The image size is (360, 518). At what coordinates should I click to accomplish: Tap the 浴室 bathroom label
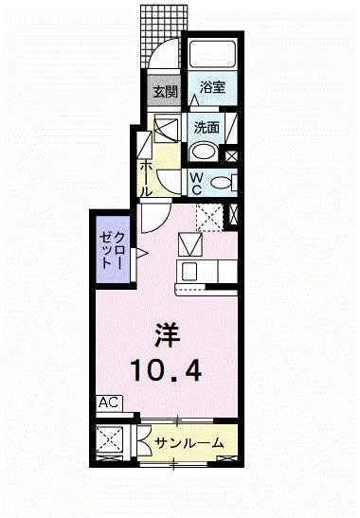click(x=212, y=87)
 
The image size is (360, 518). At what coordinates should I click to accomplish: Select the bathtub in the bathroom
click(x=211, y=57)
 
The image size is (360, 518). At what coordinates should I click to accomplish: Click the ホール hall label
click(x=148, y=176)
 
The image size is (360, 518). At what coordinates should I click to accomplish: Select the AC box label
click(x=109, y=402)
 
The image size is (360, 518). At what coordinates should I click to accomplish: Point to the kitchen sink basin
click(x=189, y=273)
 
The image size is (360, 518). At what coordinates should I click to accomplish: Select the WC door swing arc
click(x=167, y=184)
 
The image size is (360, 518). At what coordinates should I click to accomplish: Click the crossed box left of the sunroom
click(x=113, y=442)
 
